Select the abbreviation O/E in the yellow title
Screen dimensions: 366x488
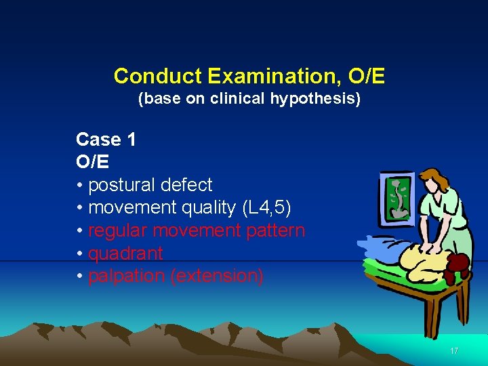(x=365, y=76)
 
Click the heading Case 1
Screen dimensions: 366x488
(x=106, y=140)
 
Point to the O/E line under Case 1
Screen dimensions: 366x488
(x=93, y=162)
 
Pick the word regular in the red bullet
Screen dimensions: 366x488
(x=118, y=230)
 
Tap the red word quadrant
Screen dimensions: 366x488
(x=125, y=253)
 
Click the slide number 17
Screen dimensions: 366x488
(x=454, y=351)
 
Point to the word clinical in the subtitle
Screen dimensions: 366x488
(x=243, y=99)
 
